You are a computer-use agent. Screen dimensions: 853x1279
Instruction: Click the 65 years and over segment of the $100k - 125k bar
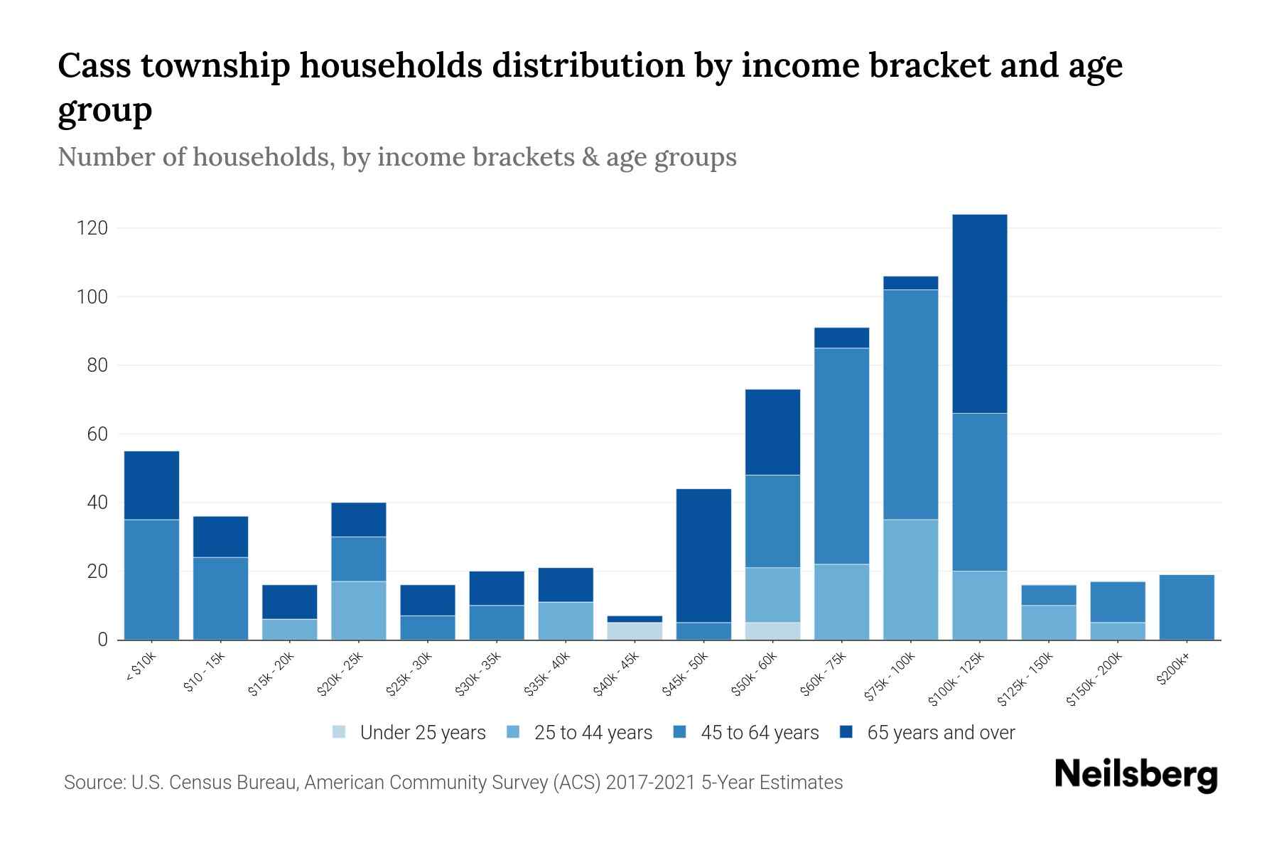pyautogui.click(x=980, y=313)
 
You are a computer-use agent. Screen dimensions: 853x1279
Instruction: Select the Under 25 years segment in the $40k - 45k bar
pyautogui.click(x=635, y=631)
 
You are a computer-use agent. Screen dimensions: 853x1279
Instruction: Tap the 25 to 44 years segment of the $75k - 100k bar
pyautogui.click(x=911, y=579)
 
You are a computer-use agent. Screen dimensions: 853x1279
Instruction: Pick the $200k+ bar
pyautogui.click(x=1187, y=607)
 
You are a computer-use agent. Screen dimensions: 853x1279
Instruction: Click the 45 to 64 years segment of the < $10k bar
pyautogui.click(x=151, y=579)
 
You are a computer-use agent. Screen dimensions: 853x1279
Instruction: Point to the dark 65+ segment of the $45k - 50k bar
pyautogui.click(x=704, y=555)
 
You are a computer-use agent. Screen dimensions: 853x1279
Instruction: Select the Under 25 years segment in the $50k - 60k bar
pyautogui.click(x=773, y=631)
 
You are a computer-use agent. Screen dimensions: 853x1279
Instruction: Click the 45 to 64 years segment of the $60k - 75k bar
pyautogui.click(x=842, y=456)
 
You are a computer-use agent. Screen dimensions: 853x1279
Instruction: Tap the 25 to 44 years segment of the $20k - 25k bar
pyautogui.click(x=359, y=610)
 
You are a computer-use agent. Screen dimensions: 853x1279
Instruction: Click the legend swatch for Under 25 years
pyautogui.click(x=340, y=732)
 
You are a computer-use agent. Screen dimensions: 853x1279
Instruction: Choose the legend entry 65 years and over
pyautogui.click(x=940, y=732)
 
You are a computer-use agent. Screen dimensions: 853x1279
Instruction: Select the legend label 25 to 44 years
pyautogui.click(x=593, y=732)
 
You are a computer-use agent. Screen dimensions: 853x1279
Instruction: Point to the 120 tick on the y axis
pyautogui.click(x=92, y=228)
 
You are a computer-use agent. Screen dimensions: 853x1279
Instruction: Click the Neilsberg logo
pyautogui.click(x=1135, y=775)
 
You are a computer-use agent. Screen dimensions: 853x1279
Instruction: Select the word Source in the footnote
pyautogui.click(x=92, y=783)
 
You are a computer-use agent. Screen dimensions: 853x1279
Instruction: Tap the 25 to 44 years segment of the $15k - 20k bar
pyautogui.click(x=290, y=629)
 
